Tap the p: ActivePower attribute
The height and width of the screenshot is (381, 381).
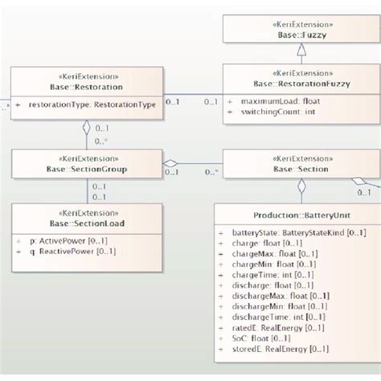tap(64, 240)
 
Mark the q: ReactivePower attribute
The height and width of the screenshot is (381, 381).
tap(68, 251)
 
